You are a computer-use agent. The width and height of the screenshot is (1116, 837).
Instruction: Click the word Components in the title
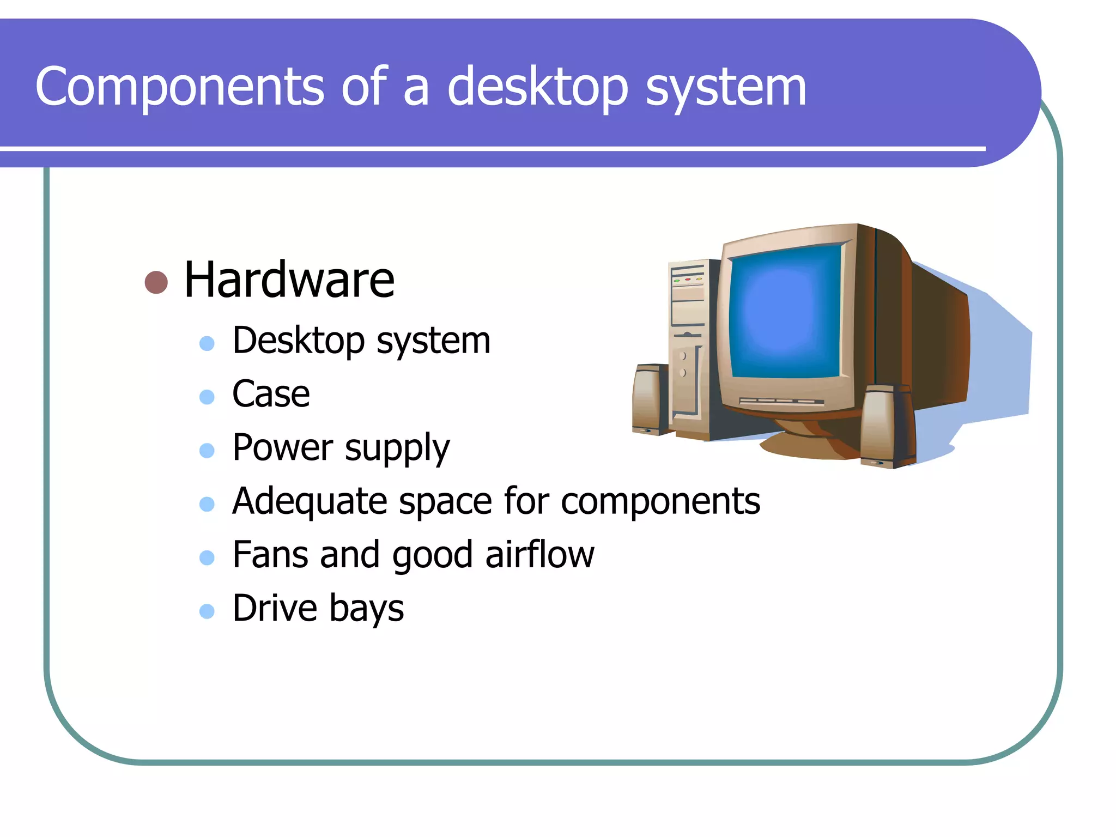tap(180, 87)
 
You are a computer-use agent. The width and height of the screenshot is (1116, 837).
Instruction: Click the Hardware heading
tap(289, 280)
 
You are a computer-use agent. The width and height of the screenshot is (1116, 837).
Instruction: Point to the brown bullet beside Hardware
tap(156, 282)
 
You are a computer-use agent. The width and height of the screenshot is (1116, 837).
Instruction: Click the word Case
tap(271, 394)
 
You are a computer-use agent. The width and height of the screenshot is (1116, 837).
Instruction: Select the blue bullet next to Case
tap(207, 397)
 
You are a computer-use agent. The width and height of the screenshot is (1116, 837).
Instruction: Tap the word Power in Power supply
tap(282, 448)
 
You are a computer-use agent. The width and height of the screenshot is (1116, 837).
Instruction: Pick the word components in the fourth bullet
tap(660, 501)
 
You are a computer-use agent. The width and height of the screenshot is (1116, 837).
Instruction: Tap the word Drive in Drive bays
tap(275, 608)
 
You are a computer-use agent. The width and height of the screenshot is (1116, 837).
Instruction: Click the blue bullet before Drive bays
tap(207, 611)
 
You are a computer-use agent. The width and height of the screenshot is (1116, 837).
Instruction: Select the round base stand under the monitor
tap(806, 441)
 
